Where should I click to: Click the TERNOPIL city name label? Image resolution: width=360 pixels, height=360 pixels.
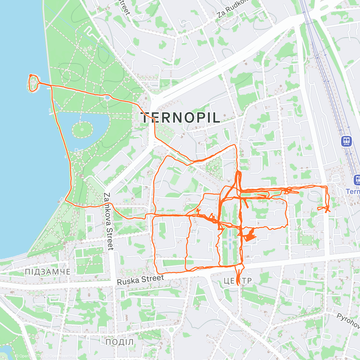(181, 118)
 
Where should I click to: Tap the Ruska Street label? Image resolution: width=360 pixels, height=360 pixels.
(140, 280)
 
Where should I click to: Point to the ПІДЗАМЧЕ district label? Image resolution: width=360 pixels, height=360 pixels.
(47, 272)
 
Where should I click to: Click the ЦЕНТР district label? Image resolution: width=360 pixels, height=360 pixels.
(238, 281)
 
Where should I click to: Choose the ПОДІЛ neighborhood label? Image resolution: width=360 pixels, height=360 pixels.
(119, 342)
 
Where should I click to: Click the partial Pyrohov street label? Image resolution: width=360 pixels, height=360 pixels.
(348, 320)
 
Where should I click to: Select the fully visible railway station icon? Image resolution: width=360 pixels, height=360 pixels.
(346, 141)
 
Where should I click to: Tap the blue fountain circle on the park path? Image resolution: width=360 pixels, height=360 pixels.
(107, 97)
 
